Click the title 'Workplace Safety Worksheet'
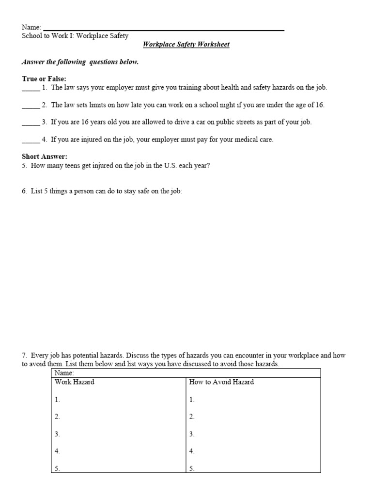(186, 45)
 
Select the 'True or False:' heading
(44, 79)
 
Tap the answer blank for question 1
(30, 89)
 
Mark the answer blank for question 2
(30, 106)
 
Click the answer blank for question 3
(30, 123)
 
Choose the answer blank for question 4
(30, 140)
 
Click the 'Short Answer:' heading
(45, 156)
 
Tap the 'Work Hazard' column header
(75, 382)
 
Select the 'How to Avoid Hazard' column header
(221, 382)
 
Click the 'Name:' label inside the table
(64, 373)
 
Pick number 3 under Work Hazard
(57, 434)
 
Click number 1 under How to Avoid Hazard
(192, 400)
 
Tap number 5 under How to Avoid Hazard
(192, 468)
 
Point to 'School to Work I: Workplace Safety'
(75, 36)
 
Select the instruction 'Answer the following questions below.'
(80, 62)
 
